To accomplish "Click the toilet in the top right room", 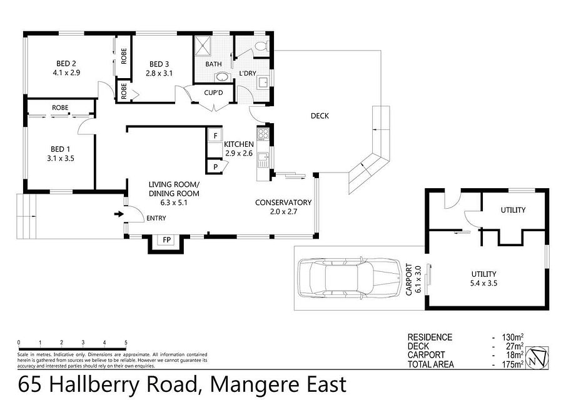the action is click(261, 46).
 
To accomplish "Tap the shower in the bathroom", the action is click(203, 46).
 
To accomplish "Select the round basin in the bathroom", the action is click(221, 77).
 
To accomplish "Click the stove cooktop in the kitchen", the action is click(263, 134).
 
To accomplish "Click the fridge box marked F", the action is click(215, 136).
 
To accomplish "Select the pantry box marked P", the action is click(216, 167).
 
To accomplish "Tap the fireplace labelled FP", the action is click(166, 240).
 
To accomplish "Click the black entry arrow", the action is click(119, 214).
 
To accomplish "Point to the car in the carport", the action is click(350, 277).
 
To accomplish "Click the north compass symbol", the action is click(537, 357).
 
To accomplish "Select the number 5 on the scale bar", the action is click(126, 342).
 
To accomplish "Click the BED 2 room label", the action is click(66, 64).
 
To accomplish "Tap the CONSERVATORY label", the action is click(283, 202).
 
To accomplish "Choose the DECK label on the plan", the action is click(320, 116).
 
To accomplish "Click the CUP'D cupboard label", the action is click(213, 92).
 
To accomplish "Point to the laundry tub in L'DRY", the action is click(262, 82).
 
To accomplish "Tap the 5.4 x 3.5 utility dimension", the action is click(483, 283).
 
